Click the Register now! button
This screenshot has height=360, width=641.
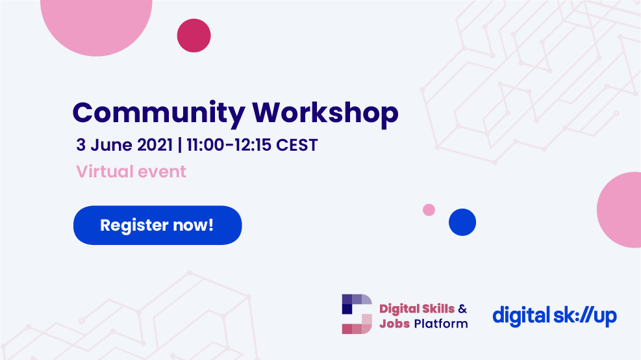click(x=157, y=225)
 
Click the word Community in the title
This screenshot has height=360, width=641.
click(x=158, y=113)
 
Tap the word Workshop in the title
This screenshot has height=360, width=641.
click(x=325, y=112)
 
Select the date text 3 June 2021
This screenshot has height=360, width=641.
click(x=124, y=145)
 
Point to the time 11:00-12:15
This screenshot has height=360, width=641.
click(x=229, y=145)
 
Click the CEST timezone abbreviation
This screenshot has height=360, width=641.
click(x=297, y=145)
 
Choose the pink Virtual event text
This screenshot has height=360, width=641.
click(x=131, y=172)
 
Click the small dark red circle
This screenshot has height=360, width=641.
click(x=194, y=36)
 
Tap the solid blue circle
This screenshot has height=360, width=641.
click(x=462, y=222)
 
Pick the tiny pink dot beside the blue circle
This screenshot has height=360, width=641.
click(x=429, y=210)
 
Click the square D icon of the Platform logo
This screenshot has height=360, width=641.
click(x=357, y=314)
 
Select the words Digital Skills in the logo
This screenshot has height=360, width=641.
click(x=417, y=309)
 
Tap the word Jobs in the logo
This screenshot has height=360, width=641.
click(x=394, y=324)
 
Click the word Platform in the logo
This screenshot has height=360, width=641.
click(x=441, y=324)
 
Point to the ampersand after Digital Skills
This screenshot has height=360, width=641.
click(x=462, y=309)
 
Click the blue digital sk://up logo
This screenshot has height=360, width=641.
click(x=555, y=316)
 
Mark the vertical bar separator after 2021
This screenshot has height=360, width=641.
click(x=180, y=145)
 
